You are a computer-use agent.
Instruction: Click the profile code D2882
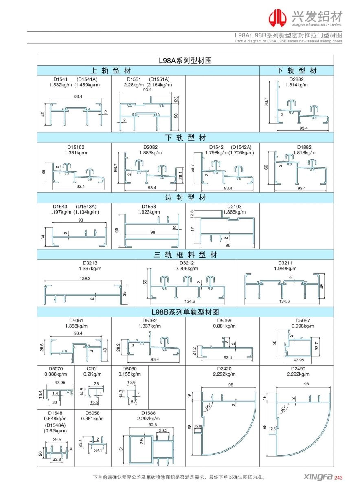tap(297, 79)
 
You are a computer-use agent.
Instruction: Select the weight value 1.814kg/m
tap(297, 85)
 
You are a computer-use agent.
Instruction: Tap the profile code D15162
tap(76, 147)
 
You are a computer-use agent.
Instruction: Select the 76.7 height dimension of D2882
tap(266, 102)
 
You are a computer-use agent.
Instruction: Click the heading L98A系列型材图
tap(185, 60)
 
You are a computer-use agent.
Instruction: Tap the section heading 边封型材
tap(185, 198)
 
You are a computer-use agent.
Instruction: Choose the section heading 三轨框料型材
tap(185, 255)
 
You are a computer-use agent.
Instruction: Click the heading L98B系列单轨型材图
tap(185, 312)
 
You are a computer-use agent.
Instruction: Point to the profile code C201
tap(93, 368)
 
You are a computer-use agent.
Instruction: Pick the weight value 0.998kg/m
tap(303, 326)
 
